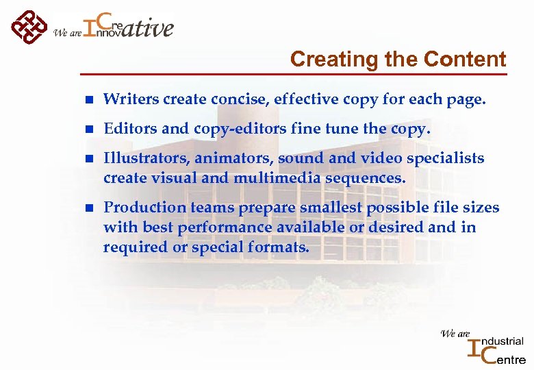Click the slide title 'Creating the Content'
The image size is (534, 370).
[x=398, y=60]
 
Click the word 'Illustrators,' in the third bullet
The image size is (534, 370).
[x=147, y=158]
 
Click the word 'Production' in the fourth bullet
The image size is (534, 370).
[x=140, y=208]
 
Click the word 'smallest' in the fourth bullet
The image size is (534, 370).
[x=333, y=208]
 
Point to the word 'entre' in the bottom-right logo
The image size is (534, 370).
[x=508, y=358]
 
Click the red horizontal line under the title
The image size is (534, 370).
[x=294, y=73]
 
